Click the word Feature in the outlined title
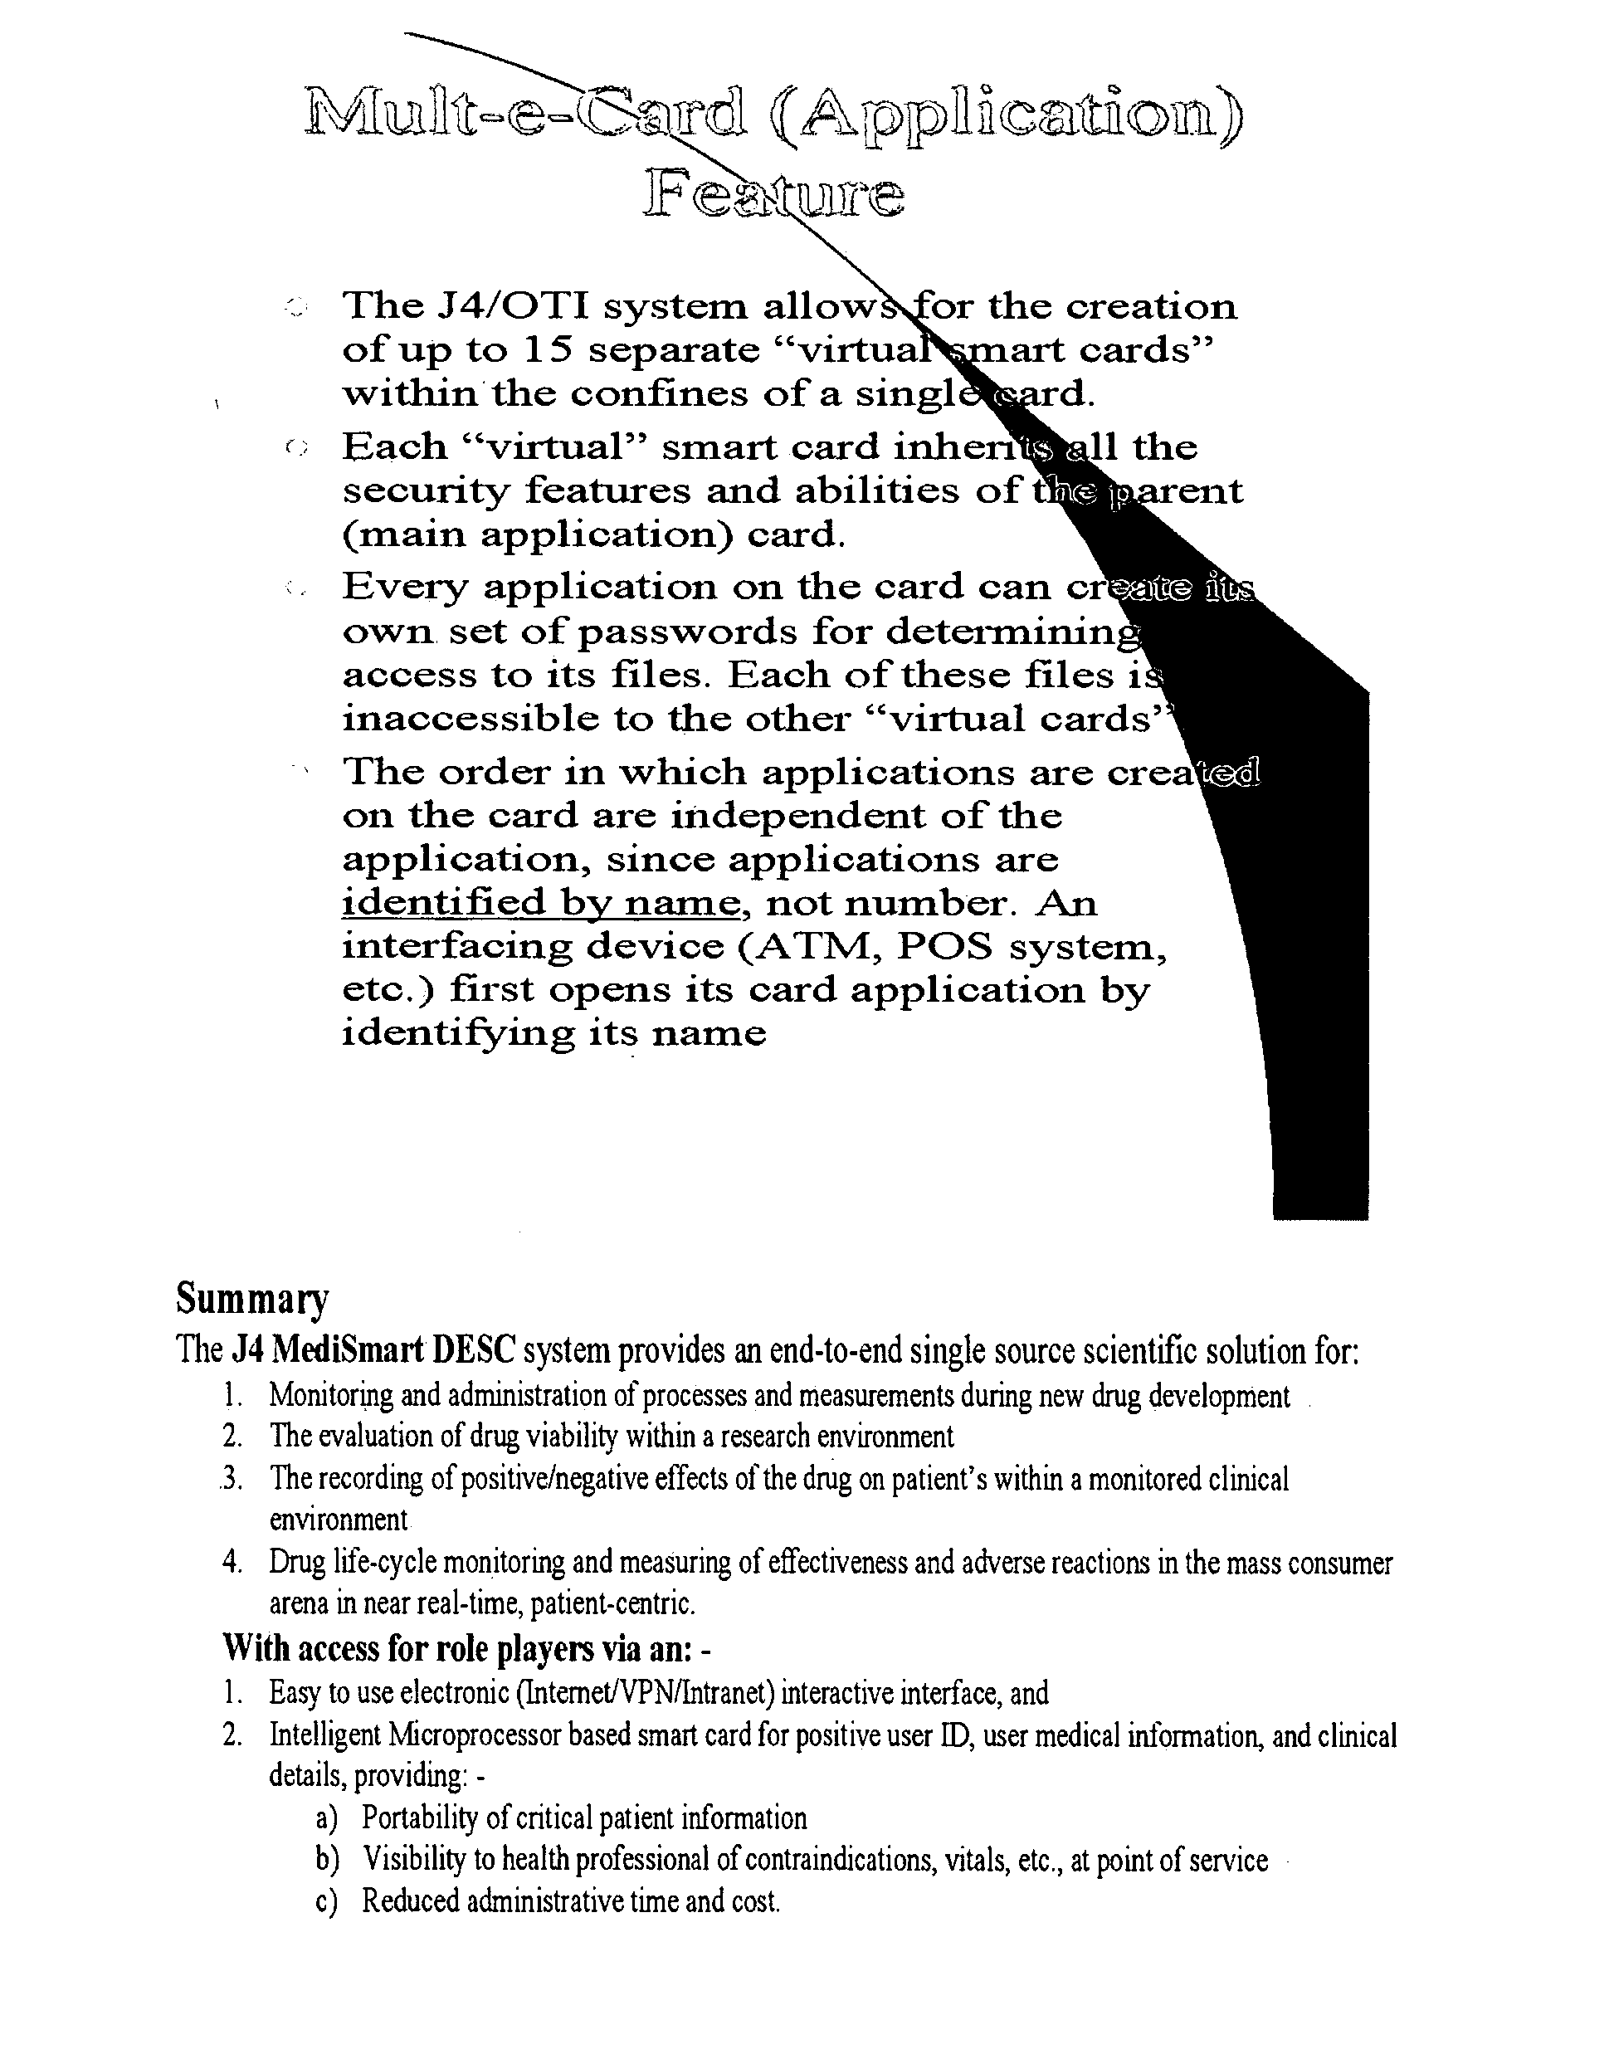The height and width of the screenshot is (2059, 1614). click(774, 196)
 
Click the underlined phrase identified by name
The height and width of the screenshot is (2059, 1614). click(540, 903)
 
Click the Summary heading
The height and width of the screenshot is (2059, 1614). click(252, 1300)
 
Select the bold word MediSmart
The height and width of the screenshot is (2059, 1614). click(349, 1350)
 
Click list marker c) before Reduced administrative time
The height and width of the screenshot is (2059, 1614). click(327, 1900)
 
